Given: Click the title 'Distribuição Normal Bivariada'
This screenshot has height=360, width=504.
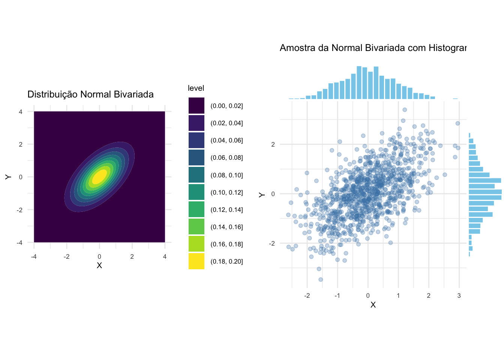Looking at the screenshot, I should [x=90, y=94].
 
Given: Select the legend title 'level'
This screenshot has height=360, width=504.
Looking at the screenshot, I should [x=196, y=88].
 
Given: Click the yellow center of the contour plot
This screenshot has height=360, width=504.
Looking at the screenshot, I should [x=99, y=177].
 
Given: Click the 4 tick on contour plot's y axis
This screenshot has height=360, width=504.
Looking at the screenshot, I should [x=20, y=112].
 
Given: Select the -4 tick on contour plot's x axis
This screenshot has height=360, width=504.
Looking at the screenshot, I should [x=34, y=256].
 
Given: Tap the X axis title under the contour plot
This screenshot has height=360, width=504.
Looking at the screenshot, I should [x=99, y=265].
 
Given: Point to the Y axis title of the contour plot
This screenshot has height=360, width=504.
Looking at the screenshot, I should [x=8, y=177].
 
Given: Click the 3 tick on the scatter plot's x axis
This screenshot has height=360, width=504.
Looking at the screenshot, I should [x=459, y=295].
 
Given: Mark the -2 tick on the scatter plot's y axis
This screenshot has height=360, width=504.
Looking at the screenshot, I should [x=272, y=243].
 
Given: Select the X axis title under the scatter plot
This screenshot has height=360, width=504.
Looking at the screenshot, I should [x=373, y=305].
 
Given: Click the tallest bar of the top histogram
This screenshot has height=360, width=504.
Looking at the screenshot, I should [x=359, y=82].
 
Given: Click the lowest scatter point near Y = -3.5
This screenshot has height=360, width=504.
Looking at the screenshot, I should [x=321, y=279].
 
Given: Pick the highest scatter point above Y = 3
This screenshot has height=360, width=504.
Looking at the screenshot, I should [x=405, y=110].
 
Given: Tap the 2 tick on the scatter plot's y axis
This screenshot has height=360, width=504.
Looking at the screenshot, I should [x=273, y=144].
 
